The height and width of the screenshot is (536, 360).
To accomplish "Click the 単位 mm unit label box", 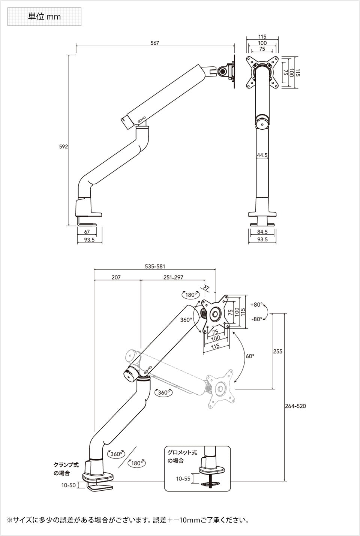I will point(44,17).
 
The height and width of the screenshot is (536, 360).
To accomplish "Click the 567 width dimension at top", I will point(154,43).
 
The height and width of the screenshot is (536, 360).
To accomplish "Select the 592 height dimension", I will point(63,147).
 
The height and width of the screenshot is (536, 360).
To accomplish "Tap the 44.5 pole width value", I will point(262,155).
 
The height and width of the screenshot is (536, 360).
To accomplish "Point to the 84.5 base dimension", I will point(262,232).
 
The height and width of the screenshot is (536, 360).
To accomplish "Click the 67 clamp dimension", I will point(87,232).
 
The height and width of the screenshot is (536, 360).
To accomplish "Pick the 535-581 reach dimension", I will point(155,267).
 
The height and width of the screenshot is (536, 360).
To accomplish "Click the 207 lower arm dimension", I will point(116,277).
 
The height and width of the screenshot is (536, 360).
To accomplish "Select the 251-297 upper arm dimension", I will point(173,277).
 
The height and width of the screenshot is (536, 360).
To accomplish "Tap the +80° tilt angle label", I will point(256,305).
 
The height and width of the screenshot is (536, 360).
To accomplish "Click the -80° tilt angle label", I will point(256,319).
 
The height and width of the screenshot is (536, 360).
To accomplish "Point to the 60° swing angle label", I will point(250,356).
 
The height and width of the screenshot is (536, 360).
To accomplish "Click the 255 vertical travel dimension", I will point(277,351).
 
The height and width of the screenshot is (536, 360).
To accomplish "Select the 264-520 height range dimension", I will point(295,406).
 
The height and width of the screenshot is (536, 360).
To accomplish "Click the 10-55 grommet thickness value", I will point(183,478).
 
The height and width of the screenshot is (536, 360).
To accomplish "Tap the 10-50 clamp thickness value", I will point(69,485).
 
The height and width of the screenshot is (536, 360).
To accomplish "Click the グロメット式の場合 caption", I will point(182,456).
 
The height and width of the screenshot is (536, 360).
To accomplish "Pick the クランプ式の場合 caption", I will point(66,469).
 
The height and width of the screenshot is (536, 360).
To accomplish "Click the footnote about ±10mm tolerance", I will point(127,520).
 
